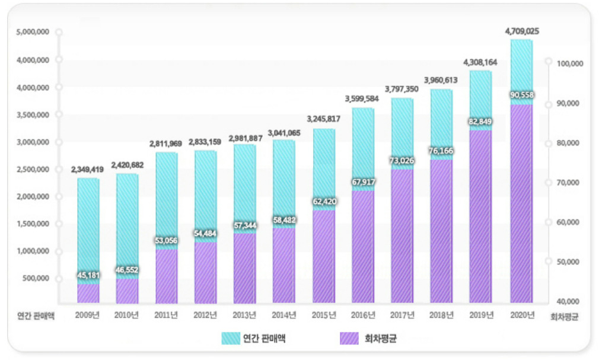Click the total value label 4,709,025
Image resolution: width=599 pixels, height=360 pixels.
(522, 31)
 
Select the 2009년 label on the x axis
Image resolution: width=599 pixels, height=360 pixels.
(87, 315)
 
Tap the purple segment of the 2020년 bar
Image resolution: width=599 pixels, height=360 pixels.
(521, 203)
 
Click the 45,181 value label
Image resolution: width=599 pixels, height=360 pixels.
(88, 275)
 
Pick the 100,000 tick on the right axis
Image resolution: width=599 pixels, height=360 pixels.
(570, 63)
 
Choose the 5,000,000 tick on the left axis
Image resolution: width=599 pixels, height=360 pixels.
(33, 31)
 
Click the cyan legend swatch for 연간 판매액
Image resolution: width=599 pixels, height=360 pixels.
(231, 338)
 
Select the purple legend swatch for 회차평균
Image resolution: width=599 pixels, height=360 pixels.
(349, 338)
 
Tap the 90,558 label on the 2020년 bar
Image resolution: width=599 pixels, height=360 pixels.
(522, 95)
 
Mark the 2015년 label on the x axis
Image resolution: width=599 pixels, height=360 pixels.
(324, 315)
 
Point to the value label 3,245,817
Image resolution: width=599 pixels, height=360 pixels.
(324, 119)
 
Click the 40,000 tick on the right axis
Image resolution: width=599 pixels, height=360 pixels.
(568, 301)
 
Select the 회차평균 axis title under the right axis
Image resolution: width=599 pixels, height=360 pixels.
(564, 317)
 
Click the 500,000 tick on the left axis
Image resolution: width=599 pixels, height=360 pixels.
(36, 278)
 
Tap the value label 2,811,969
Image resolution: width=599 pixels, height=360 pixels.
(166, 144)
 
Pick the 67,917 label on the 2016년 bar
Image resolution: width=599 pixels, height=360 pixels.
(364, 182)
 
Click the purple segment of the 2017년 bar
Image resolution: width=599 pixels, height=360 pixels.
(402, 236)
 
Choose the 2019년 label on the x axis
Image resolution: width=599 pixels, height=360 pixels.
(482, 315)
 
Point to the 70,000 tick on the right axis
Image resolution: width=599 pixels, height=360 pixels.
(568, 183)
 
